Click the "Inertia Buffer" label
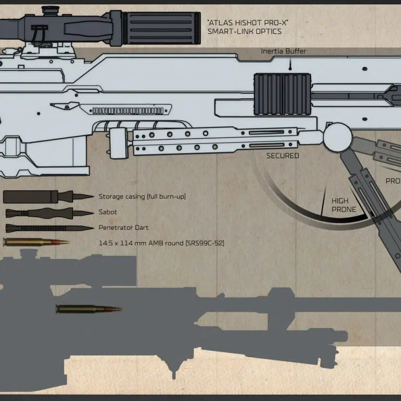pos(284,51)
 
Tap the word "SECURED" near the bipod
pos(282,156)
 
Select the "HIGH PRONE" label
pos(344,205)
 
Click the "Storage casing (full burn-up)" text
pos(142,197)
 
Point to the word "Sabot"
pos(108,213)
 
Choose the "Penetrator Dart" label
pos(123,228)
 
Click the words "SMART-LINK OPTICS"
pos(244,32)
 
